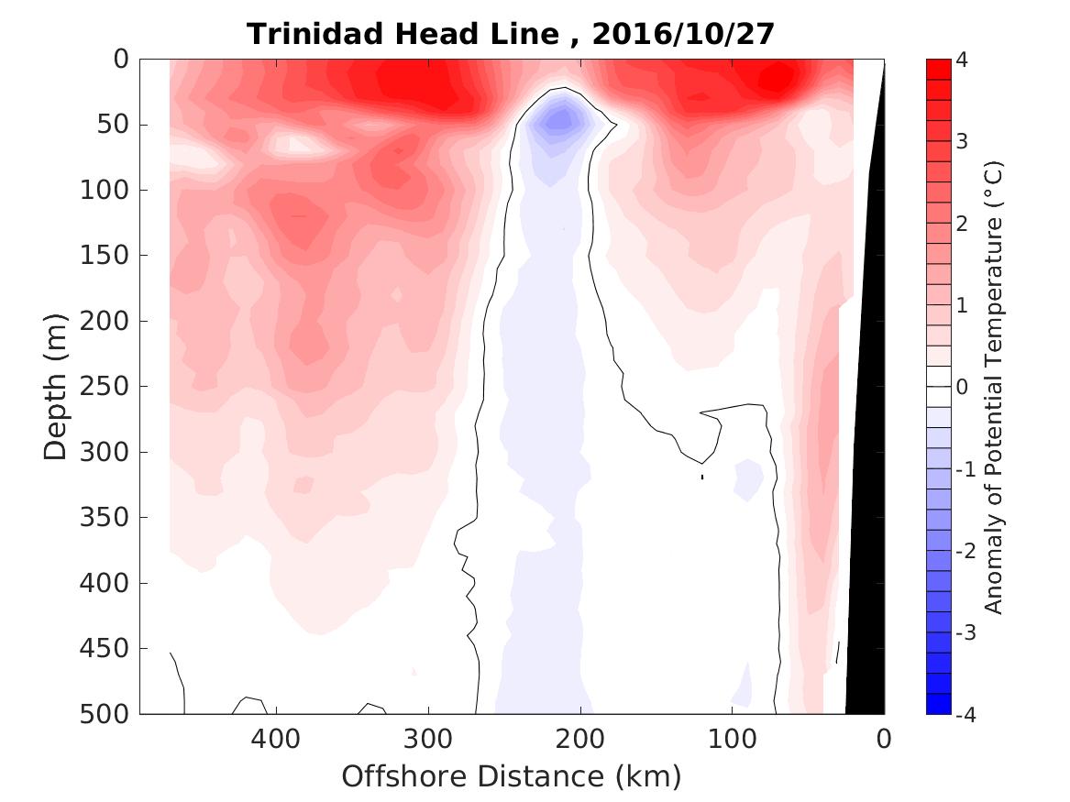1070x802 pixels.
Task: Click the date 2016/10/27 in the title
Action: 684,34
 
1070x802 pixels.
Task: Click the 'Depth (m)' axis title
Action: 56,385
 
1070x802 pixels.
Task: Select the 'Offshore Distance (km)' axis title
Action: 512,777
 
